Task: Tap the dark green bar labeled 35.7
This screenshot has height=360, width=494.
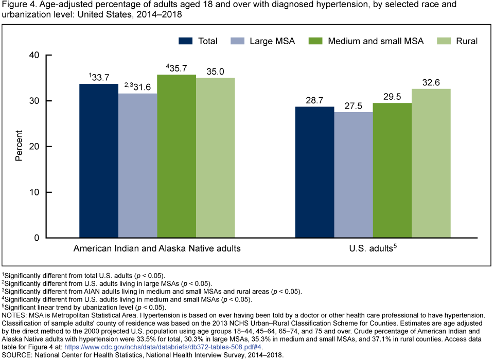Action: click(x=177, y=156)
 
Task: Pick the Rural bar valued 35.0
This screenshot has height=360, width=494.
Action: click(x=216, y=158)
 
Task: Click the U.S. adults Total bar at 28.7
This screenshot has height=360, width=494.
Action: click(x=314, y=172)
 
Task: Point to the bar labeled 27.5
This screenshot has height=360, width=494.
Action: click(x=353, y=175)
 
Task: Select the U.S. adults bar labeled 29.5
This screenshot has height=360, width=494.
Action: click(x=392, y=170)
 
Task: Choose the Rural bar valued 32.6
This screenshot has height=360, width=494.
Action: click(x=431, y=163)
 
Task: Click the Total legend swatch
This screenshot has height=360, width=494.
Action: click(x=186, y=41)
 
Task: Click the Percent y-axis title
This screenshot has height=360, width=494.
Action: click(x=19, y=147)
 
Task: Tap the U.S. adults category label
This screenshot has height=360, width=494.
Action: click(x=371, y=249)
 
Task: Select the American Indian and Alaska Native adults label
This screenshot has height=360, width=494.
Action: click(x=157, y=249)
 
